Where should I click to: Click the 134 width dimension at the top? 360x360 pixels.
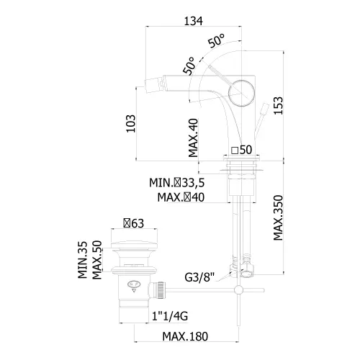[193, 21]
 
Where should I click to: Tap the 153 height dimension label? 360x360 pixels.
[279, 106]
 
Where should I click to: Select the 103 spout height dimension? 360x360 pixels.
[131, 124]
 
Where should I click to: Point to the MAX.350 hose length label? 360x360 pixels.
[279, 218]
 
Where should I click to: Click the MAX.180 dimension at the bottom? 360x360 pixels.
[185, 336]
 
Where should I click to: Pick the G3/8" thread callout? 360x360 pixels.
[199, 277]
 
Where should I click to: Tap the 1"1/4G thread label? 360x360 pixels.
[170, 316]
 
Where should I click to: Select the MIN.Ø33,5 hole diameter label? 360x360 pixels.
[177, 183]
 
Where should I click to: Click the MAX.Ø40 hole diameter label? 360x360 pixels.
[181, 197]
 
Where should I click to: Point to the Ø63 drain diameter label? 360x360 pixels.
[134, 223]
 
